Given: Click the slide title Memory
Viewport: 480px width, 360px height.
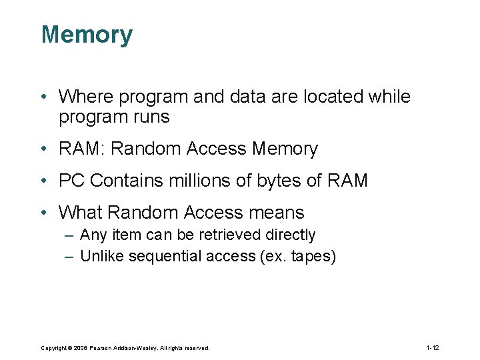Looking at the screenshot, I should click(x=87, y=35).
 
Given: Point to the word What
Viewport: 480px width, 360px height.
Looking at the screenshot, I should click(x=80, y=213).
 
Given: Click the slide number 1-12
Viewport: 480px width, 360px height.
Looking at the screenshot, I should click(x=432, y=348).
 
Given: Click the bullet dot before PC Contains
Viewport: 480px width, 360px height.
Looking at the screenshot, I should click(x=43, y=181).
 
